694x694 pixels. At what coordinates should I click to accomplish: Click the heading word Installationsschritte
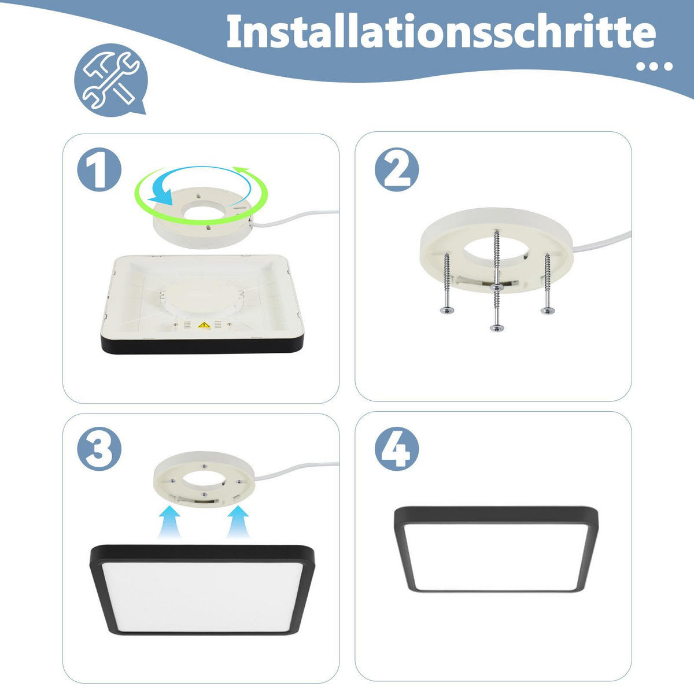click(x=441, y=32)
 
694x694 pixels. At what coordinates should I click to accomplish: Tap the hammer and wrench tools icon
click(x=110, y=79)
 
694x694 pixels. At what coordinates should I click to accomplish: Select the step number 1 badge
click(x=99, y=170)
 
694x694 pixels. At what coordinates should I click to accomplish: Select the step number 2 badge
click(x=397, y=170)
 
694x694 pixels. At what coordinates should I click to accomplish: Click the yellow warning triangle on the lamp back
click(x=204, y=326)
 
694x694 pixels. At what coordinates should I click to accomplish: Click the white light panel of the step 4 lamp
click(x=496, y=555)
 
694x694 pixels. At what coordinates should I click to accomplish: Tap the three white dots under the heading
click(x=654, y=67)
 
